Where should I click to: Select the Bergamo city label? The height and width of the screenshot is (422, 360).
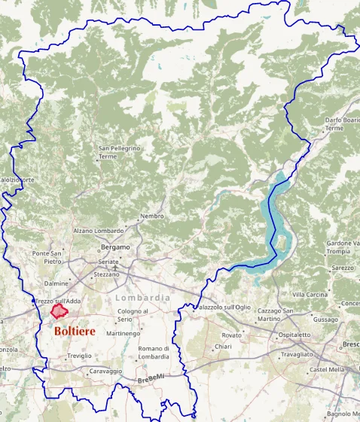tap(115, 246)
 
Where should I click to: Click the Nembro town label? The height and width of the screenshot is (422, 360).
tap(151, 217)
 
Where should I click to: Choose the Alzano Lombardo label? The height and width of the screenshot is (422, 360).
tap(98, 231)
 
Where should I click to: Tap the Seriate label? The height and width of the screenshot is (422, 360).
tap(108, 261)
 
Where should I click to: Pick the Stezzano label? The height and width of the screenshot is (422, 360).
tap(106, 275)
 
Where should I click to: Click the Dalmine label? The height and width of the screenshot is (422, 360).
tap(56, 283)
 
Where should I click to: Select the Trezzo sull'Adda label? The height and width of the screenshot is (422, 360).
tap(59, 301)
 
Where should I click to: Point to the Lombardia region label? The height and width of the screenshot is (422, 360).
tap(143, 298)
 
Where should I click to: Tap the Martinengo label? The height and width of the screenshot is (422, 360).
tap(123, 333)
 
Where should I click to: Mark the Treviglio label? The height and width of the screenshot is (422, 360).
tap(79, 355)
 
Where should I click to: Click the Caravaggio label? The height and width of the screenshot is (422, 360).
tap(105, 371)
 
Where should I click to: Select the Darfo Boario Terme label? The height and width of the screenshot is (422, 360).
tap(343, 124)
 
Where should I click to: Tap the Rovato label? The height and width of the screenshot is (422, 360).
tap(232, 335)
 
